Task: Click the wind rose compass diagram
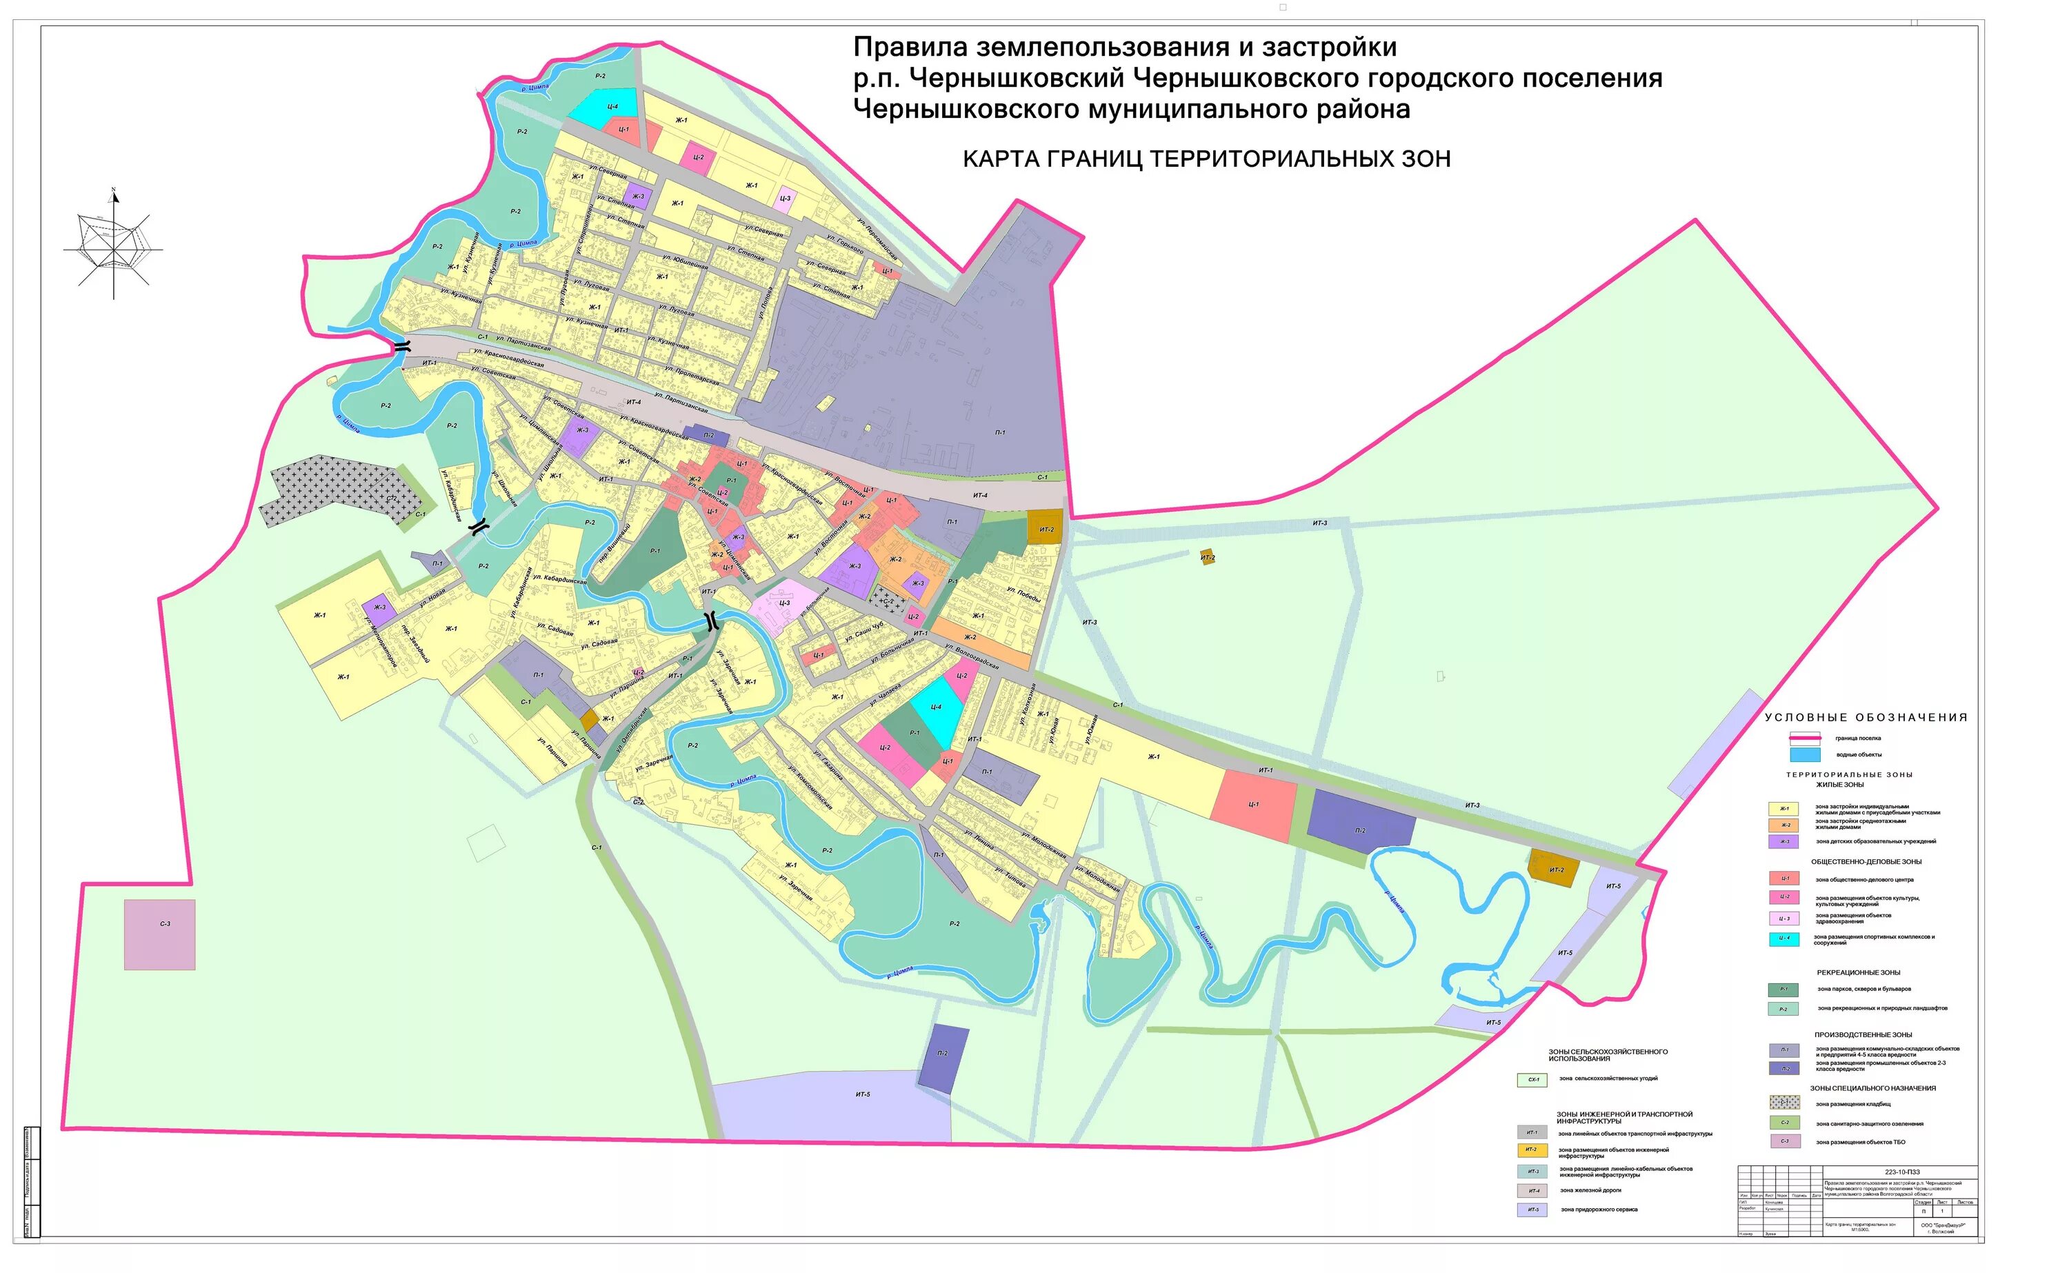coord(114,244)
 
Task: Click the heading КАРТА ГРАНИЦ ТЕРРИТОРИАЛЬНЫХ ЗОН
coord(1206,159)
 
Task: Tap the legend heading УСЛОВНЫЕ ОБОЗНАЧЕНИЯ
coord(1866,717)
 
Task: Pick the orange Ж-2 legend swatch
coord(1783,825)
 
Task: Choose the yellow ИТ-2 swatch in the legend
coord(1531,1150)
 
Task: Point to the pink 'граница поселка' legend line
coord(1805,739)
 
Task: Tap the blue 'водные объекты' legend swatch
coord(1805,754)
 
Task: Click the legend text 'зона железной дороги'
coord(1590,1190)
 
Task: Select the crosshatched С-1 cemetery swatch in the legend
coord(1783,1102)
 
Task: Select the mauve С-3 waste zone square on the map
coord(160,934)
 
